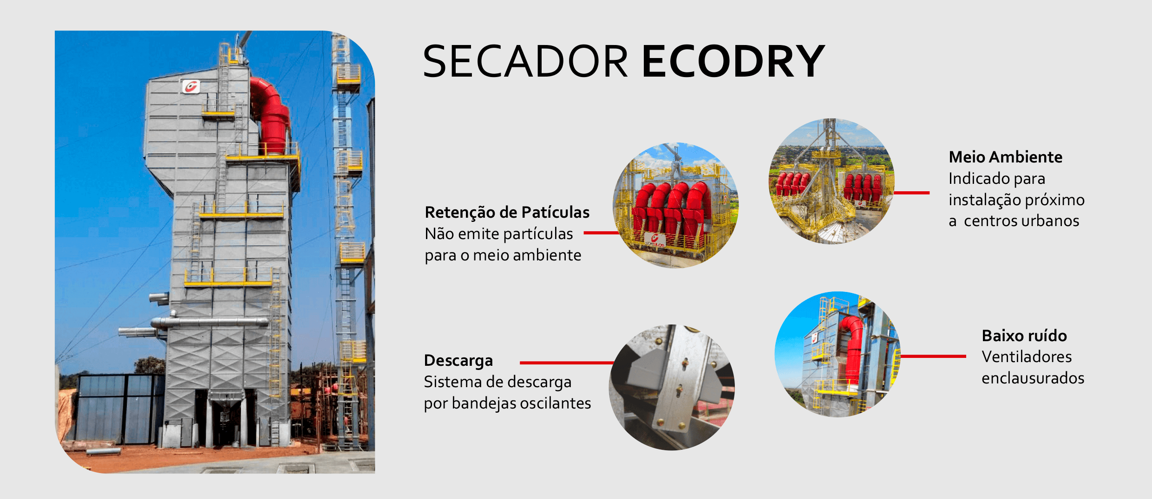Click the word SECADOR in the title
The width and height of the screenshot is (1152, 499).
tap(525, 61)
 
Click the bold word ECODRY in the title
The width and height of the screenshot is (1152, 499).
tap(733, 61)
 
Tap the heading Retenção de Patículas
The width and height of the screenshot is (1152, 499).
tap(507, 212)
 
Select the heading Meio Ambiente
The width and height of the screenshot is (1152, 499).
tap(1005, 157)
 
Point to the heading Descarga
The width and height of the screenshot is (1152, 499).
tap(458, 361)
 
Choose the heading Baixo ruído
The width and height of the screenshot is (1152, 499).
tap(1024, 336)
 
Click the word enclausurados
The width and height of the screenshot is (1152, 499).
tap(1033, 378)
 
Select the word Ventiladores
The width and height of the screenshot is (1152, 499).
tap(1027, 357)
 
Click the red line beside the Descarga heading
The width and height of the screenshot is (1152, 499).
tap(567, 363)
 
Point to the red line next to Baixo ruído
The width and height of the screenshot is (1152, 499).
tap(933, 356)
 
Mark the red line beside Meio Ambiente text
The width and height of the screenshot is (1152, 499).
tap(911, 193)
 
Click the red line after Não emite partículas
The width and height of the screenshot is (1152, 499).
tap(602, 233)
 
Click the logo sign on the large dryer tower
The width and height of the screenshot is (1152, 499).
tap(191, 86)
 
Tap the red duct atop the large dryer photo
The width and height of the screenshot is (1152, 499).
tap(272, 116)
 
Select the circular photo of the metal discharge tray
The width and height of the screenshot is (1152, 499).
tap(672, 387)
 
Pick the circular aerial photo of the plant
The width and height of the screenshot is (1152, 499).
tap(831, 181)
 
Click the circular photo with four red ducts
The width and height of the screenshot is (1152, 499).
tap(676, 205)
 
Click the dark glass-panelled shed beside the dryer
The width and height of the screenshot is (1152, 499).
tap(120, 408)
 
